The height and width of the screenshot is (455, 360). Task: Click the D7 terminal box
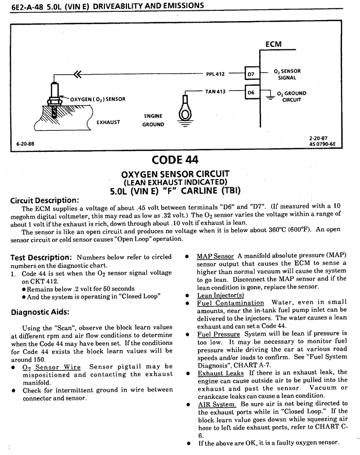(x=251, y=74)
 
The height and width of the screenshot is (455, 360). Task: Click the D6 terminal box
(x=251, y=93)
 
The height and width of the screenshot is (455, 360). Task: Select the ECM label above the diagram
(x=273, y=44)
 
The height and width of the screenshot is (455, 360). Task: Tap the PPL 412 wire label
(x=215, y=74)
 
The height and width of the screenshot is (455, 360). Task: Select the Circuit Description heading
(x=45, y=200)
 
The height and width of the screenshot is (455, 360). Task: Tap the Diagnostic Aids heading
(x=40, y=311)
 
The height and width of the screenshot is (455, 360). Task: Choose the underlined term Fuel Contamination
(x=230, y=303)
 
